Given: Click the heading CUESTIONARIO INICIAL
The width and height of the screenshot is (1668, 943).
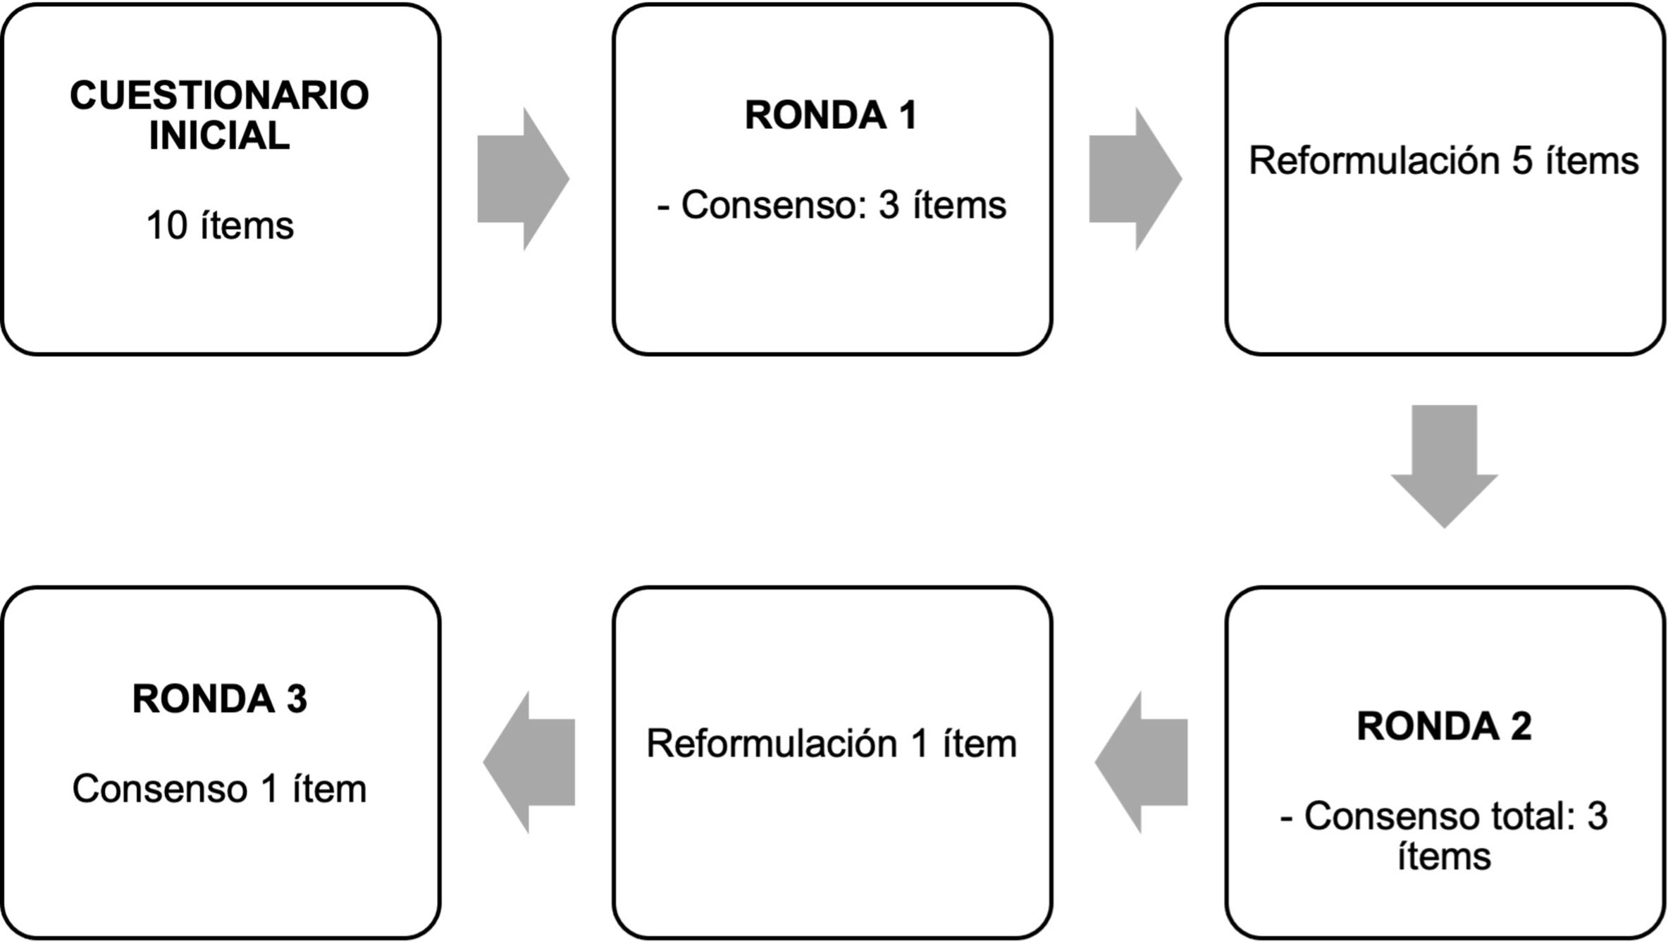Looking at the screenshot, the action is click(219, 115).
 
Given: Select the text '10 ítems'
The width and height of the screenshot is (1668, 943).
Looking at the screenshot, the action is click(220, 226).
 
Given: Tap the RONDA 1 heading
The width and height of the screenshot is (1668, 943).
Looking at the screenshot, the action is click(832, 115).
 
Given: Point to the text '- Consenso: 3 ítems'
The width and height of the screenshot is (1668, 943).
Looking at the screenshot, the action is click(832, 205).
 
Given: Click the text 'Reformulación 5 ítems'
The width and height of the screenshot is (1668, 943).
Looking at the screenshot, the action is click(1444, 161).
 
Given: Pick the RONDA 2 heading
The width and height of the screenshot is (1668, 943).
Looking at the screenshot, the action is click(1444, 726).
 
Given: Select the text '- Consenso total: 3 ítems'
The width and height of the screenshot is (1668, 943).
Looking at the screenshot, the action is click(1444, 836).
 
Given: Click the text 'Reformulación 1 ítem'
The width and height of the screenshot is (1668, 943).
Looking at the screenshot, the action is click(832, 744).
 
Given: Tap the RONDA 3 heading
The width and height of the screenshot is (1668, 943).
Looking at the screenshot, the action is click(220, 699).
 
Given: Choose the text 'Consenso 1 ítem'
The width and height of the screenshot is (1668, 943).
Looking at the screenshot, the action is click(220, 789).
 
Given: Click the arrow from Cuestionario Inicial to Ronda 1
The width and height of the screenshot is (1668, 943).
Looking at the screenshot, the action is click(523, 179).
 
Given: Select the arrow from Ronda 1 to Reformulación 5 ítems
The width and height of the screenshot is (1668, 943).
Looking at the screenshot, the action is click(1135, 179).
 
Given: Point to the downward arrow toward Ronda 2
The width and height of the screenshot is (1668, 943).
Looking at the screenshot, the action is click(1444, 466).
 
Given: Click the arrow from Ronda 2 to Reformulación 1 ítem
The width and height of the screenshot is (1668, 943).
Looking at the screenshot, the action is click(1141, 762).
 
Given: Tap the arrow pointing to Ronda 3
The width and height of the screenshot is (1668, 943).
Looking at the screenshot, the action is click(529, 762).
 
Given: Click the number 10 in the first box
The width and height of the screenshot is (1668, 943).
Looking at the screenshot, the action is click(167, 226).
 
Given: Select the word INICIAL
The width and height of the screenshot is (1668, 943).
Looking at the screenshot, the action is click(219, 135).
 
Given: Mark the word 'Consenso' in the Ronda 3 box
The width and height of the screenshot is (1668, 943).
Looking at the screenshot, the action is click(160, 789).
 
